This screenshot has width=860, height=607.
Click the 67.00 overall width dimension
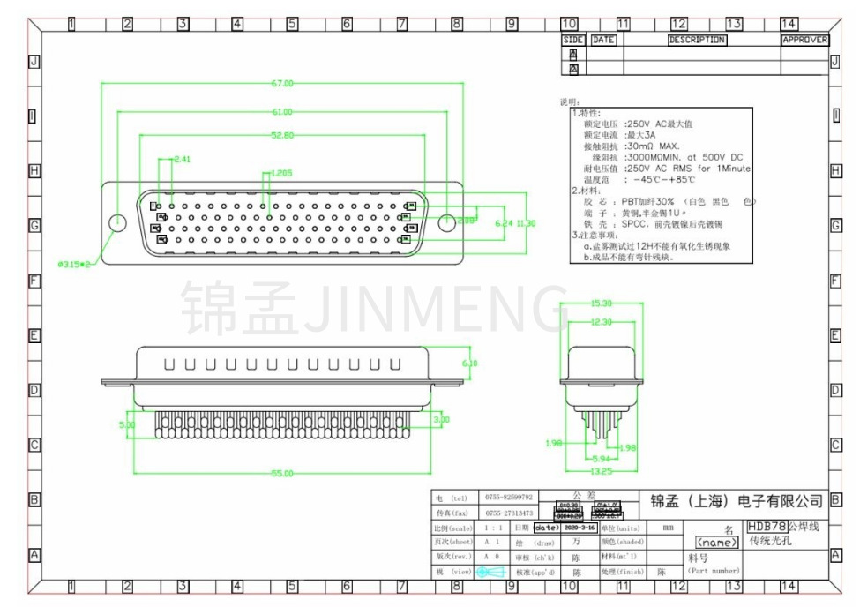282,84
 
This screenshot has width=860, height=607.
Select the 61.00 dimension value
282,112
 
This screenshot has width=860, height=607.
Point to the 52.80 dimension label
282,135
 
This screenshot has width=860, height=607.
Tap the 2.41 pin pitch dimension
182,159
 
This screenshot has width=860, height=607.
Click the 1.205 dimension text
282,173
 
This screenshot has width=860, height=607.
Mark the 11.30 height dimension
526,223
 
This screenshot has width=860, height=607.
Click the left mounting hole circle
116,221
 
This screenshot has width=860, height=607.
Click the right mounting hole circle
448,221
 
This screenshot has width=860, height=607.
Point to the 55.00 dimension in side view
282,474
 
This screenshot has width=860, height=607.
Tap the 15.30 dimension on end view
601,303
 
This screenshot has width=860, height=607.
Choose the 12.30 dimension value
601,323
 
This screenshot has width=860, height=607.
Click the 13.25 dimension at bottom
601,472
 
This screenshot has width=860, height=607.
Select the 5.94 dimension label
601,459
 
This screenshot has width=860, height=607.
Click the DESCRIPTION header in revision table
697,40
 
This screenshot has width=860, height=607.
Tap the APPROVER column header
804,40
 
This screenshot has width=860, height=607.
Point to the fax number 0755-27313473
505,513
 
